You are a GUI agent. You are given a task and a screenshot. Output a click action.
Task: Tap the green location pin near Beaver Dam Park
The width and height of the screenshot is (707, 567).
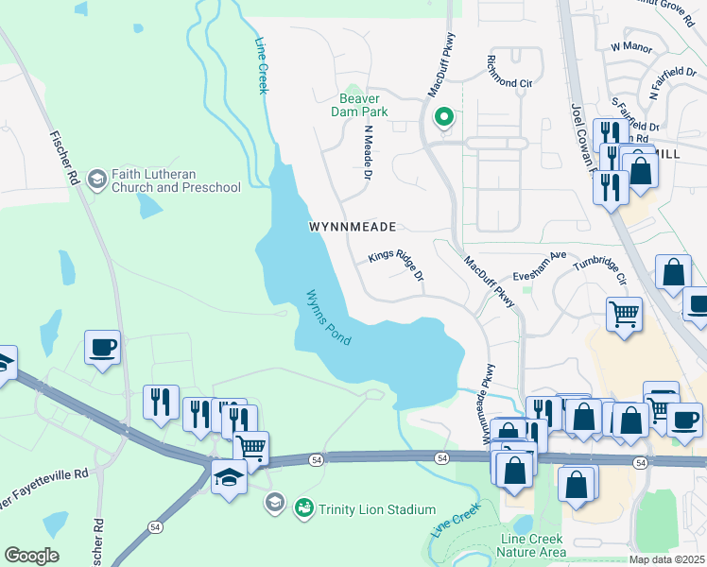[x=441, y=118]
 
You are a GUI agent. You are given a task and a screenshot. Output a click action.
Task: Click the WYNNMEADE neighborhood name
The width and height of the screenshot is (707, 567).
[x=352, y=227]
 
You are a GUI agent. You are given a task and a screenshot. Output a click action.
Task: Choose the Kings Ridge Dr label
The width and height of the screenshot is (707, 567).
[x=396, y=266]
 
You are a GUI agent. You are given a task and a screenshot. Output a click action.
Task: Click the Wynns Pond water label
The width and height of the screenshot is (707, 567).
[x=328, y=317]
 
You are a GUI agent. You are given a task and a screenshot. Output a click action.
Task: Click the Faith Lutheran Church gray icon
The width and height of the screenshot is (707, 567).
[x=96, y=179]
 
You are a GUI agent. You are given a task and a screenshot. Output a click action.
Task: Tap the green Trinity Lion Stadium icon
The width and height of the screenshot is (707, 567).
[x=303, y=508]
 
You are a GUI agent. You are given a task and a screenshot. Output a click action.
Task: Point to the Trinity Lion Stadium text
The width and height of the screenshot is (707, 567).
[x=375, y=509]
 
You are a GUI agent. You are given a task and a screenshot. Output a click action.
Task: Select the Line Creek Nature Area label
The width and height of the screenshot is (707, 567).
[x=533, y=545]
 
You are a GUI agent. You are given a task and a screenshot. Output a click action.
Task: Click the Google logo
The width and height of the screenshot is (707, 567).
[x=31, y=556]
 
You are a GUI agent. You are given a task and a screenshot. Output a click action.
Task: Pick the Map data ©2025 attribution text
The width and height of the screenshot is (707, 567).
[x=666, y=559]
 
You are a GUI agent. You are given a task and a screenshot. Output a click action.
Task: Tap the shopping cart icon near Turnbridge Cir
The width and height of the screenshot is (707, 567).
[x=624, y=313]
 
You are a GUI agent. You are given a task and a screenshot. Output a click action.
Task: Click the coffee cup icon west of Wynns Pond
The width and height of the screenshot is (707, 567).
[x=102, y=346]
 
